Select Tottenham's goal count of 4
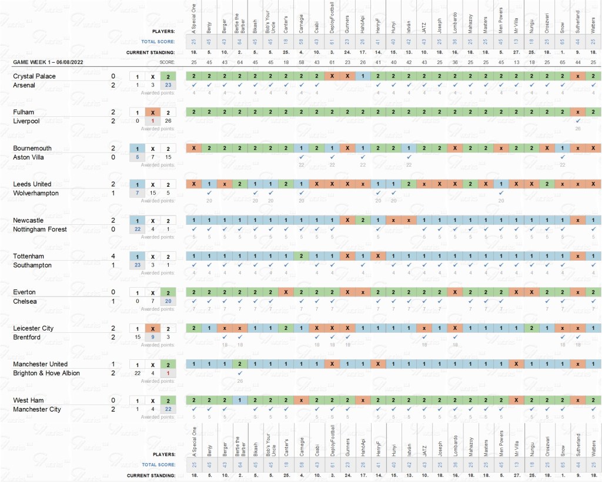point(113,256)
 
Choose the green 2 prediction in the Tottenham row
point(301,256)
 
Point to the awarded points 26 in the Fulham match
point(578,129)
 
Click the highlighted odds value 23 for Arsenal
point(168,85)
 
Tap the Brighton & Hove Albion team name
point(46,373)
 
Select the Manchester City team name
point(37,409)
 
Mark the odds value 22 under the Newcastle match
point(138,229)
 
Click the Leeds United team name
point(32,184)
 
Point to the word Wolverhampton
point(36,193)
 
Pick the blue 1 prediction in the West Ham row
point(240,400)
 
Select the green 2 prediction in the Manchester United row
point(240,364)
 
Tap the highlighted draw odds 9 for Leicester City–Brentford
point(153,337)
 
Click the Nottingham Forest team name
point(40,229)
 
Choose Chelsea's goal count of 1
point(113,301)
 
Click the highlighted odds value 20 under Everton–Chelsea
point(168,301)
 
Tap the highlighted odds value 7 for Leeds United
point(138,193)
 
